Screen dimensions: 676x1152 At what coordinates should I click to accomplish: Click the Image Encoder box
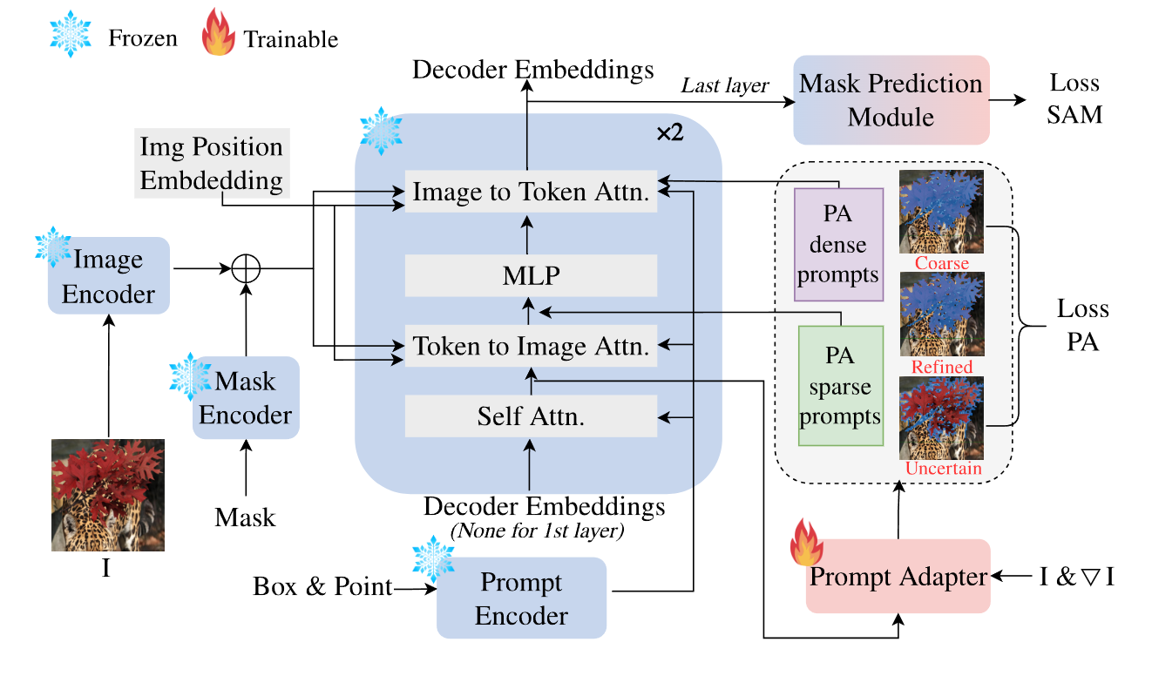tap(109, 276)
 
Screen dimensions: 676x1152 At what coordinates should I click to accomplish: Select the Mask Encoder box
tap(246, 398)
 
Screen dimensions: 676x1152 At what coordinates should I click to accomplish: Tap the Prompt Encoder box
tap(521, 598)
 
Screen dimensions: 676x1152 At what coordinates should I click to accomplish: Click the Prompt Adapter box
tap(898, 577)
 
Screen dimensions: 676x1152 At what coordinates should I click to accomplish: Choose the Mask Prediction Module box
tap(891, 99)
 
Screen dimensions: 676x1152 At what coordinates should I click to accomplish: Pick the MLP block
tap(531, 276)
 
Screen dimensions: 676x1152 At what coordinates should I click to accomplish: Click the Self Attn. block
tap(531, 416)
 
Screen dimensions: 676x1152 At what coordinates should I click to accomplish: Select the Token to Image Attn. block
tap(531, 347)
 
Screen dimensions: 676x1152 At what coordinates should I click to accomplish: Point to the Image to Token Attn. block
tap(531, 193)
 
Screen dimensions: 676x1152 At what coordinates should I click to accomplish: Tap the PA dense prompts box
tap(838, 244)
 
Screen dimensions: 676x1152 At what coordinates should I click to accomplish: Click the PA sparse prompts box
tap(841, 386)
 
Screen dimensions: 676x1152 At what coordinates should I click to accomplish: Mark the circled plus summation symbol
tap(246, 268)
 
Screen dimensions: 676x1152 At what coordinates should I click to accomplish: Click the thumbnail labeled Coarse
tap(941, 212)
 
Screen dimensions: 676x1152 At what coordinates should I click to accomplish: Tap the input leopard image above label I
tap(108, 495)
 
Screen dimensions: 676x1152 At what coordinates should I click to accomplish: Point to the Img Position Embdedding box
tap(211, 163)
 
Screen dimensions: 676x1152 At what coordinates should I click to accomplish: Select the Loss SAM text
tap(1074, 98)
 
